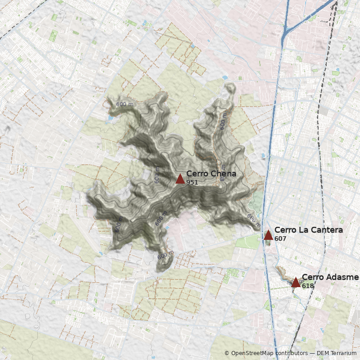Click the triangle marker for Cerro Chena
(x=180, y=179)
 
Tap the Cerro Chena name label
(x=211, y=174)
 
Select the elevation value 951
(x=192, y=182)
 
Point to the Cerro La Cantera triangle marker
(x=268, y=235)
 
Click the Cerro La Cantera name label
(x=308, y=230)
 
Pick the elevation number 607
(x=280, y=238)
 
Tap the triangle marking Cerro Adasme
(x=296, y=282)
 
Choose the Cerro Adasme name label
(x=330, y=277)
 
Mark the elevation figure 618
(x=308, y=286)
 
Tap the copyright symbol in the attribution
(x=227, y=353)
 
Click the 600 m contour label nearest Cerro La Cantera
(x=253, y=218)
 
